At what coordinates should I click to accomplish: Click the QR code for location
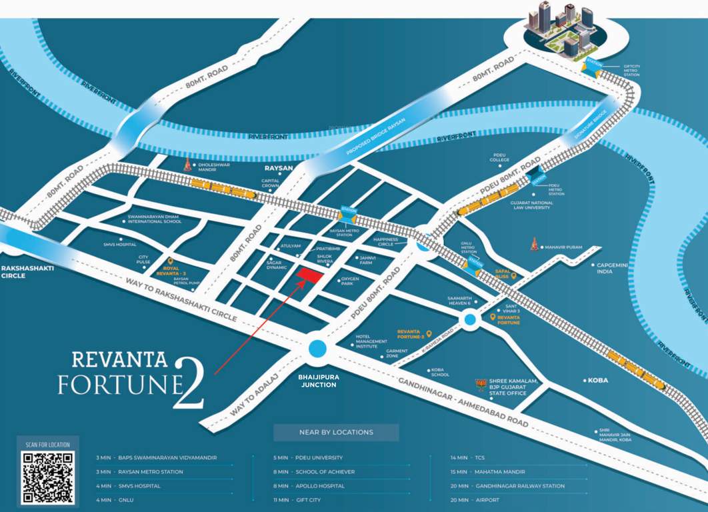click(48, 477)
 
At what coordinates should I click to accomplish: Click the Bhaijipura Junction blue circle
click(317, 348)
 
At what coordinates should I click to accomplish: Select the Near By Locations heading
click(336, 432)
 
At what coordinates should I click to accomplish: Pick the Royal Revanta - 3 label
click(176, 271)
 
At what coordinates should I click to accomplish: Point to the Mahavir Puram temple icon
click(533, 245)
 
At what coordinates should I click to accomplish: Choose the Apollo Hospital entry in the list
click(314, 486)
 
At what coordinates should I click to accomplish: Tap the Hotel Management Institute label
click(372, 341)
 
